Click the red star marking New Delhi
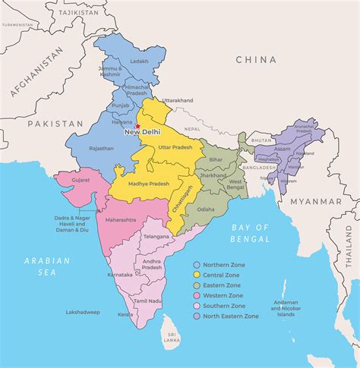tap(137, 127)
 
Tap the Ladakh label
tap(139, 61)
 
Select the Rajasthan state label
tap(101, 149)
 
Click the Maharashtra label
tap(120, 220)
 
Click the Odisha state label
tap(206, 209)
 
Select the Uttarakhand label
tap(182, 100)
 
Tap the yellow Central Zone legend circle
tap(195, 275)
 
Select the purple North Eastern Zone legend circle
tap(195, 316)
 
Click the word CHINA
tap(257, 59)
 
